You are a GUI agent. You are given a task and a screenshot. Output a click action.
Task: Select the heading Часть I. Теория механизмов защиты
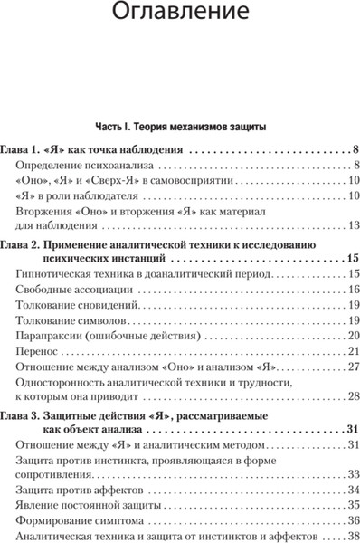point(180,126)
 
